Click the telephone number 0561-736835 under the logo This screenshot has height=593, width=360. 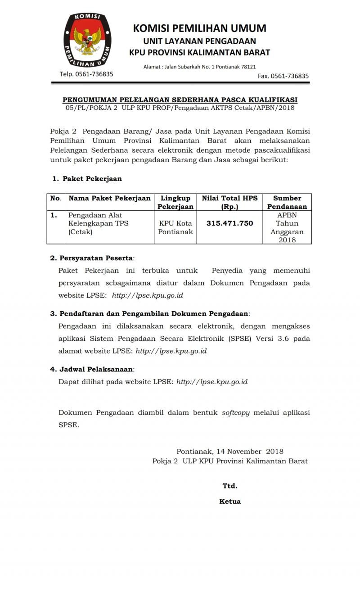86,74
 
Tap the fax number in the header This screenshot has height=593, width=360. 283,76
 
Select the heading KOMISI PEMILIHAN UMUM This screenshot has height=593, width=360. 199,28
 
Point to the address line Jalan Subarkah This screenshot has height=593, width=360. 199,67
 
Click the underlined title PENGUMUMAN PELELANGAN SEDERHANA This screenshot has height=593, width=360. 180,100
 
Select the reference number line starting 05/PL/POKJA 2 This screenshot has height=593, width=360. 180,108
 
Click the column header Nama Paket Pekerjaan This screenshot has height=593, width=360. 109,198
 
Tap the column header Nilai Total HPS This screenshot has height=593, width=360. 229,202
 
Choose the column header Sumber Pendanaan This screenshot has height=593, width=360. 287,202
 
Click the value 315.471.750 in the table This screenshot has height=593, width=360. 229,223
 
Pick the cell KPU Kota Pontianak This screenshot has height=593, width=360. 175,227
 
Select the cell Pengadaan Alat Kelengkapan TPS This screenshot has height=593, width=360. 95,223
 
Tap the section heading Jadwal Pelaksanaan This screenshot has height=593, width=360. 96,369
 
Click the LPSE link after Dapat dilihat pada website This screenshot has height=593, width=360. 212,382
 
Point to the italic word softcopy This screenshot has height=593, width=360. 236,412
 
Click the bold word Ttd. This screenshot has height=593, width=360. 230,486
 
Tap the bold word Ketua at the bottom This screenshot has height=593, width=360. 230,502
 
